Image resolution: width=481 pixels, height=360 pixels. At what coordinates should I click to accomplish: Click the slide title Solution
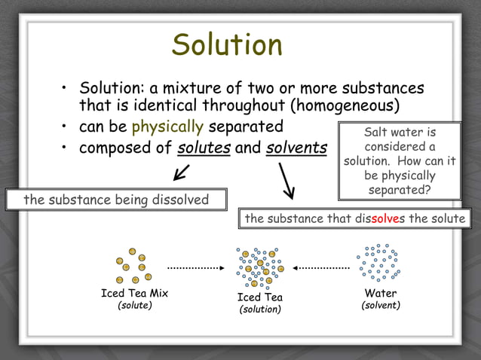(x=227, y=44)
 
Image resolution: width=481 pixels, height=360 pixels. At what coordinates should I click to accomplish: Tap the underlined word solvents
(x=296, y=147)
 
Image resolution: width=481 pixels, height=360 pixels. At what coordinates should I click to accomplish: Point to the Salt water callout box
(x=400, y=160)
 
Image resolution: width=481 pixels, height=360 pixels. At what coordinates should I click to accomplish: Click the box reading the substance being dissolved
(x=106, y=200)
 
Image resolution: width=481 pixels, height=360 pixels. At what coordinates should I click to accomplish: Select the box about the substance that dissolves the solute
(x=357, y=218)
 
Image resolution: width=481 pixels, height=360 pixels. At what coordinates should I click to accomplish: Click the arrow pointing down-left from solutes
(x=181, y=173)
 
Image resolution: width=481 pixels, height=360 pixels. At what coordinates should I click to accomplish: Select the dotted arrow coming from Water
(x=322, y=267)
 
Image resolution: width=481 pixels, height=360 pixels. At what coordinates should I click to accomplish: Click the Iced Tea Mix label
(x=134, y=293)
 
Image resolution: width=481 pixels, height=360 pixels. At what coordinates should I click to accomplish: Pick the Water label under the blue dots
(x=381, y=293)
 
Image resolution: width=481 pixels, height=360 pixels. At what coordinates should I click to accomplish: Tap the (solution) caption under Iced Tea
(x=260, y=310)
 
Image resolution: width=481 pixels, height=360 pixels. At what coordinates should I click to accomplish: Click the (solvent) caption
(x=381, y=306)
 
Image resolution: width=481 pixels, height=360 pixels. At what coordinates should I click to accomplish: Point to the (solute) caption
(x=134, y=306)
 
